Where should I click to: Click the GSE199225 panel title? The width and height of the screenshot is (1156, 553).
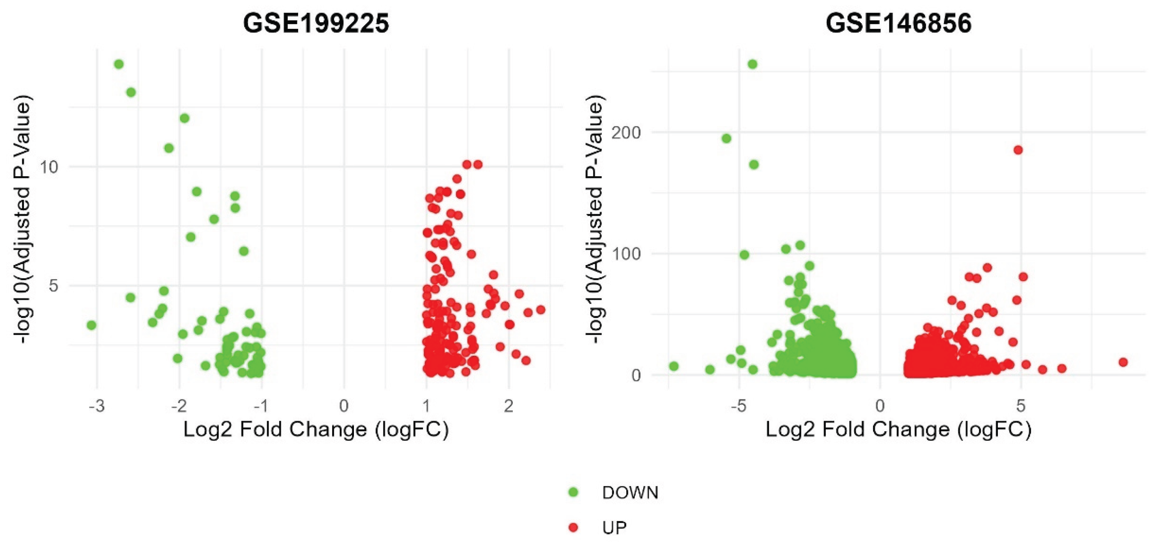pyautogui.click(x=316, y=23)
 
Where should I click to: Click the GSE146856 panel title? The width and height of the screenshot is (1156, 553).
pyautogui.click(x=898, y=23)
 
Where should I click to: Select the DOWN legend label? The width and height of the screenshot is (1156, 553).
pyautogui.click(x=630, y=493)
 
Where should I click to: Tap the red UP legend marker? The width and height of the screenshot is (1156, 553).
pyautogui.click(x=573, y=528)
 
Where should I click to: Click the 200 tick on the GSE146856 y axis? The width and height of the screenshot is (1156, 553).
pyautogui.click(x=627, y=133)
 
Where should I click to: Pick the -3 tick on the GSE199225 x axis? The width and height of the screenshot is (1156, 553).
pyautogui.click(x=96, y=406)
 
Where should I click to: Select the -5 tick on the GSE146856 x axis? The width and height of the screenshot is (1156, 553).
pyautogui.click(x=738, y=406)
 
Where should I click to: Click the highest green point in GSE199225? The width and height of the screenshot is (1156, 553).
pyautogui.click(x=119, y=64)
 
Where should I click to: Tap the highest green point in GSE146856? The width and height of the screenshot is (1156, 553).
pyautogui.click(x=753, y=64)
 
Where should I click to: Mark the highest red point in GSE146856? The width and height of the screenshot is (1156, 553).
pyautogui.click(x=1018, y=150)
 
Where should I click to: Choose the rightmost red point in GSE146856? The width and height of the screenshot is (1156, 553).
pyautogui.click(x=1123, y=362)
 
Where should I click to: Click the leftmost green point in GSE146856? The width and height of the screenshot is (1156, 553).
pyautogui.click(x=674, y=366)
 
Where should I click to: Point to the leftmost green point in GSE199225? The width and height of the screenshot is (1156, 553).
pyautogui.click(x=92, y=325)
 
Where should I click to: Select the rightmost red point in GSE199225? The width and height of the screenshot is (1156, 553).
pyautogui.click(x=541, y=310)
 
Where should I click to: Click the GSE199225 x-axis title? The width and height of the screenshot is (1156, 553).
pyautogui.click(x=316, y=430)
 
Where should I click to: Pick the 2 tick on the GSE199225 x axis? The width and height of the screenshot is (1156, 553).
pyautogui.click(x=508, y=406)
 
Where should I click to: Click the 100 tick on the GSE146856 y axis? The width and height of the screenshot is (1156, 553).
pyautogui.click(x=627, y=254)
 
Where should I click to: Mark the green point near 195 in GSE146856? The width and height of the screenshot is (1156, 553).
pyautogui.click(x=726, y=138)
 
